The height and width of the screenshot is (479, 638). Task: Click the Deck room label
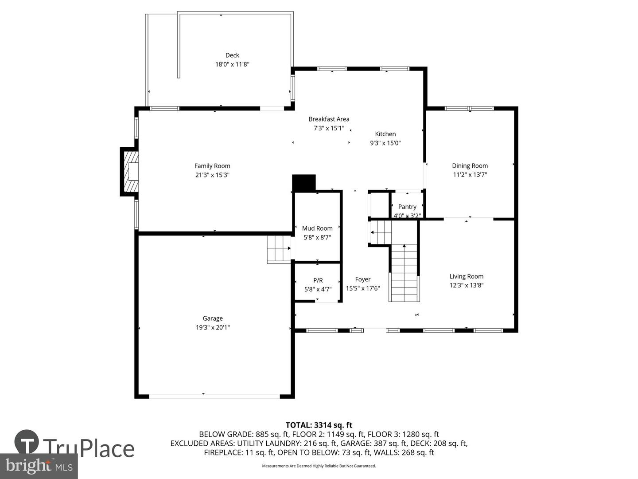232,55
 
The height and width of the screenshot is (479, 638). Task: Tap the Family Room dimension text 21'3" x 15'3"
212,175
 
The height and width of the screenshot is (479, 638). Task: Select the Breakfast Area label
329,119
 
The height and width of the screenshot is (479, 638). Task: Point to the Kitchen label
385,134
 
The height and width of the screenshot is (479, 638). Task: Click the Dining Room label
470,165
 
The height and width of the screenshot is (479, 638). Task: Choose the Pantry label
407,207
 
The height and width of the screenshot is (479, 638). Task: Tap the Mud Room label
317,228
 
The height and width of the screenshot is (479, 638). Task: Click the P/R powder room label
318,280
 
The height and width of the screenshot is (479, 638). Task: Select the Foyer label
363,279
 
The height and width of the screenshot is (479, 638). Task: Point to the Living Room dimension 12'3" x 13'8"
466,285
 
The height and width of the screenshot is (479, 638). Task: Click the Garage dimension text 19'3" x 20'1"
213,327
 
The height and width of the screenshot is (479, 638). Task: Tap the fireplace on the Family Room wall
130,172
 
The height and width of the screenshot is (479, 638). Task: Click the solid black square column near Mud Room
304,183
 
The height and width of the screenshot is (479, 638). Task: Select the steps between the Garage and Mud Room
279,249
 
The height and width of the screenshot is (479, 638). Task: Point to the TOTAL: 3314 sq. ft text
319,425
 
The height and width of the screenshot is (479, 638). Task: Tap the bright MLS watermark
39,466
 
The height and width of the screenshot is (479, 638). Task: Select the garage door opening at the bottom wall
214,397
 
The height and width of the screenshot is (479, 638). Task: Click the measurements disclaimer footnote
319,466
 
